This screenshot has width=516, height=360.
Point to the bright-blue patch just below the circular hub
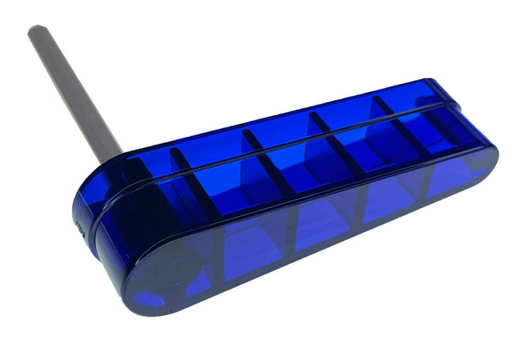coord(148,298)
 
